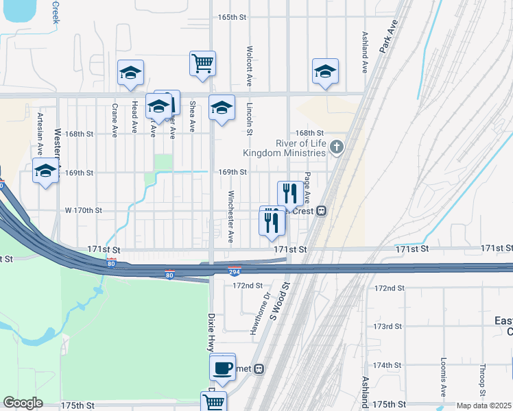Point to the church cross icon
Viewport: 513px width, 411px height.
pyautogui.click(x=336, y=147)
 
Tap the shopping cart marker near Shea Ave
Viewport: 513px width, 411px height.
pyautogui.click(x=203, y=64)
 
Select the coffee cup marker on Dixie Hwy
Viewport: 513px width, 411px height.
pyautogui.click(x=223, y=368)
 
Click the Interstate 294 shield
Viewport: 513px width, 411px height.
pyautogui.click(x=235, y=271)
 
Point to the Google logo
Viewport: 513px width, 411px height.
pyautogui.click(x=23, y=403)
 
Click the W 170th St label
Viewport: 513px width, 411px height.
pyautogui.click(x=84, y=210)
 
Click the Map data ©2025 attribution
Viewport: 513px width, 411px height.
pyautogui.click(x=484, y=406)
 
